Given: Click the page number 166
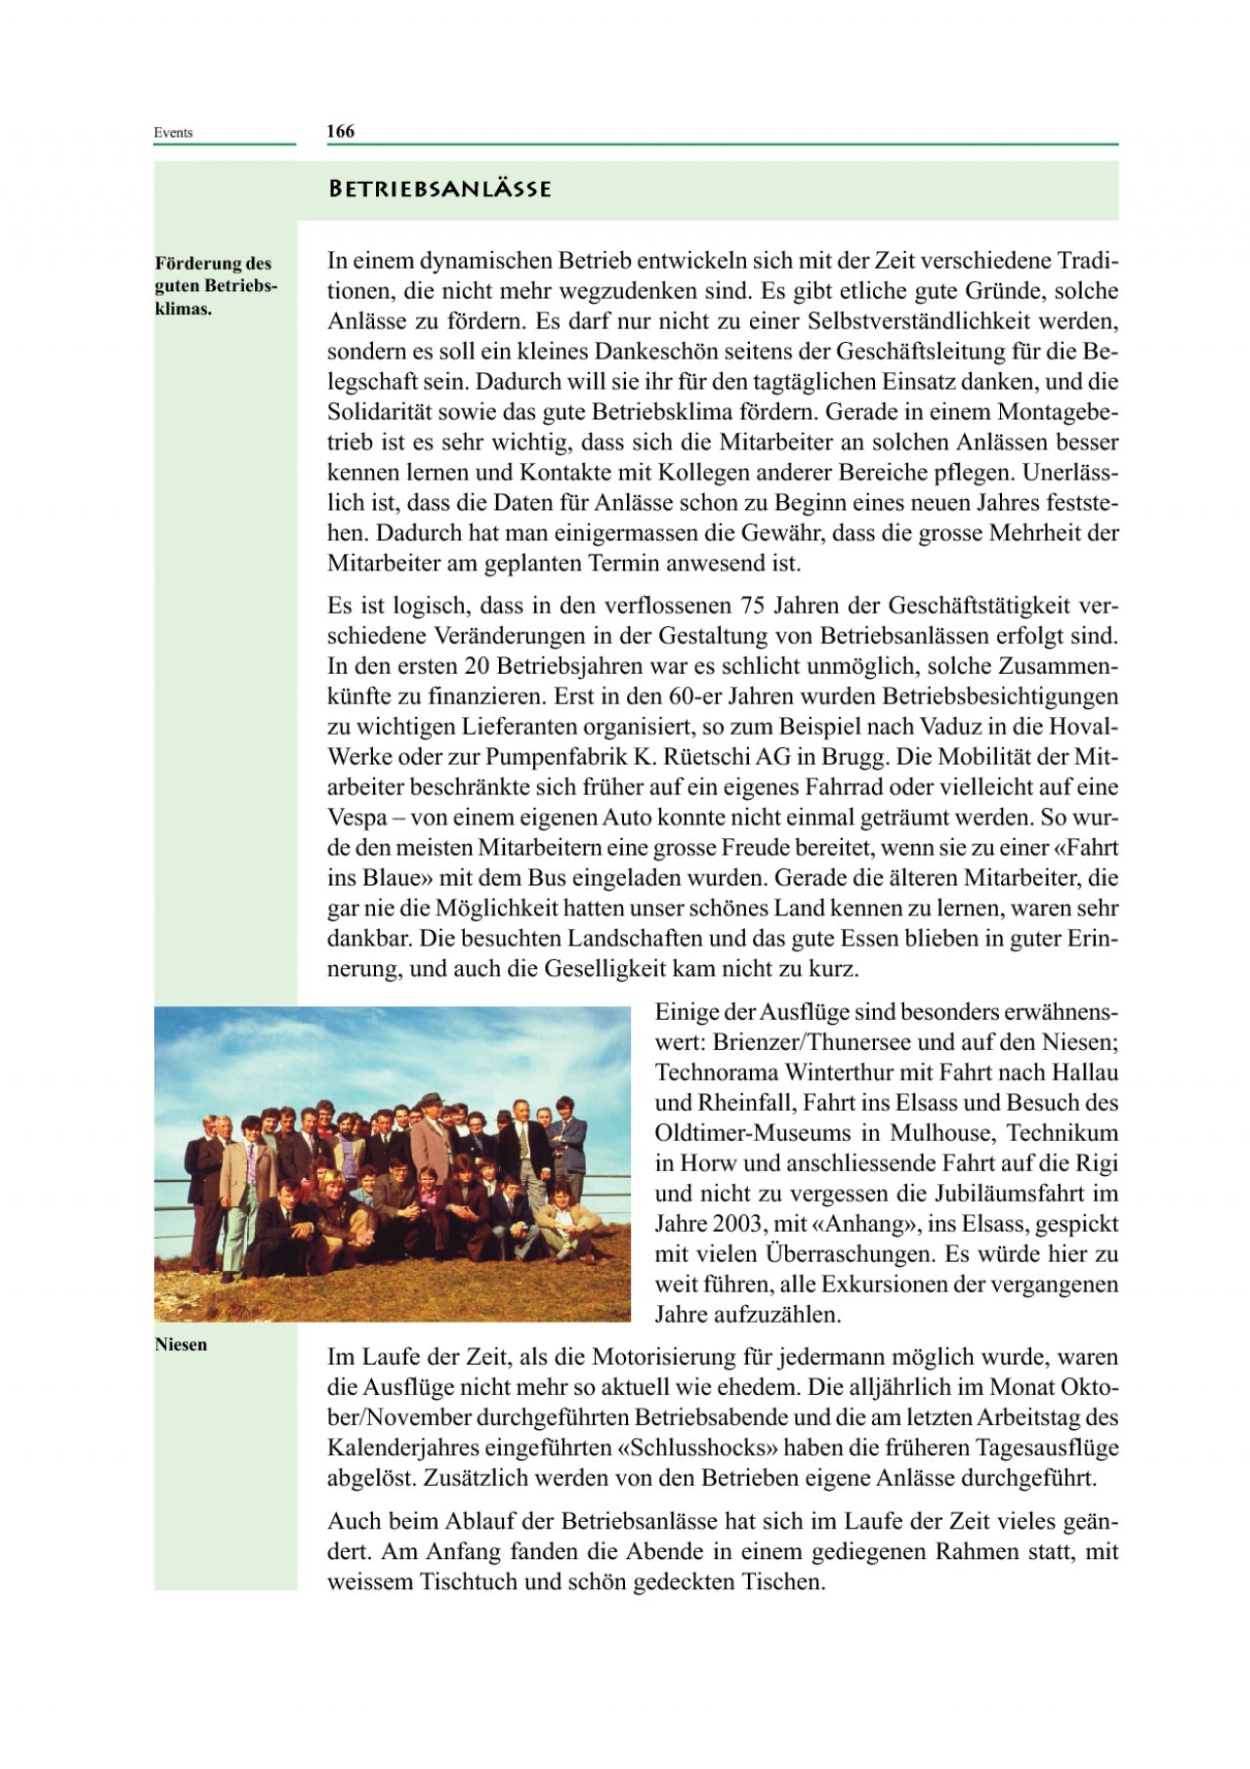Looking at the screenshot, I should (340, 132).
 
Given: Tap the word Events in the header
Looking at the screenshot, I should (173, 133).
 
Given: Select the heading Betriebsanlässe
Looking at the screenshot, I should (439, 189).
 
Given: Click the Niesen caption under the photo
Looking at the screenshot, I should (181, 1344).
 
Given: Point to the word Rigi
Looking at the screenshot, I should (1097, 1163).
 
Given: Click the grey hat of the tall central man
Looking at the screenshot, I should (429, 1101).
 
